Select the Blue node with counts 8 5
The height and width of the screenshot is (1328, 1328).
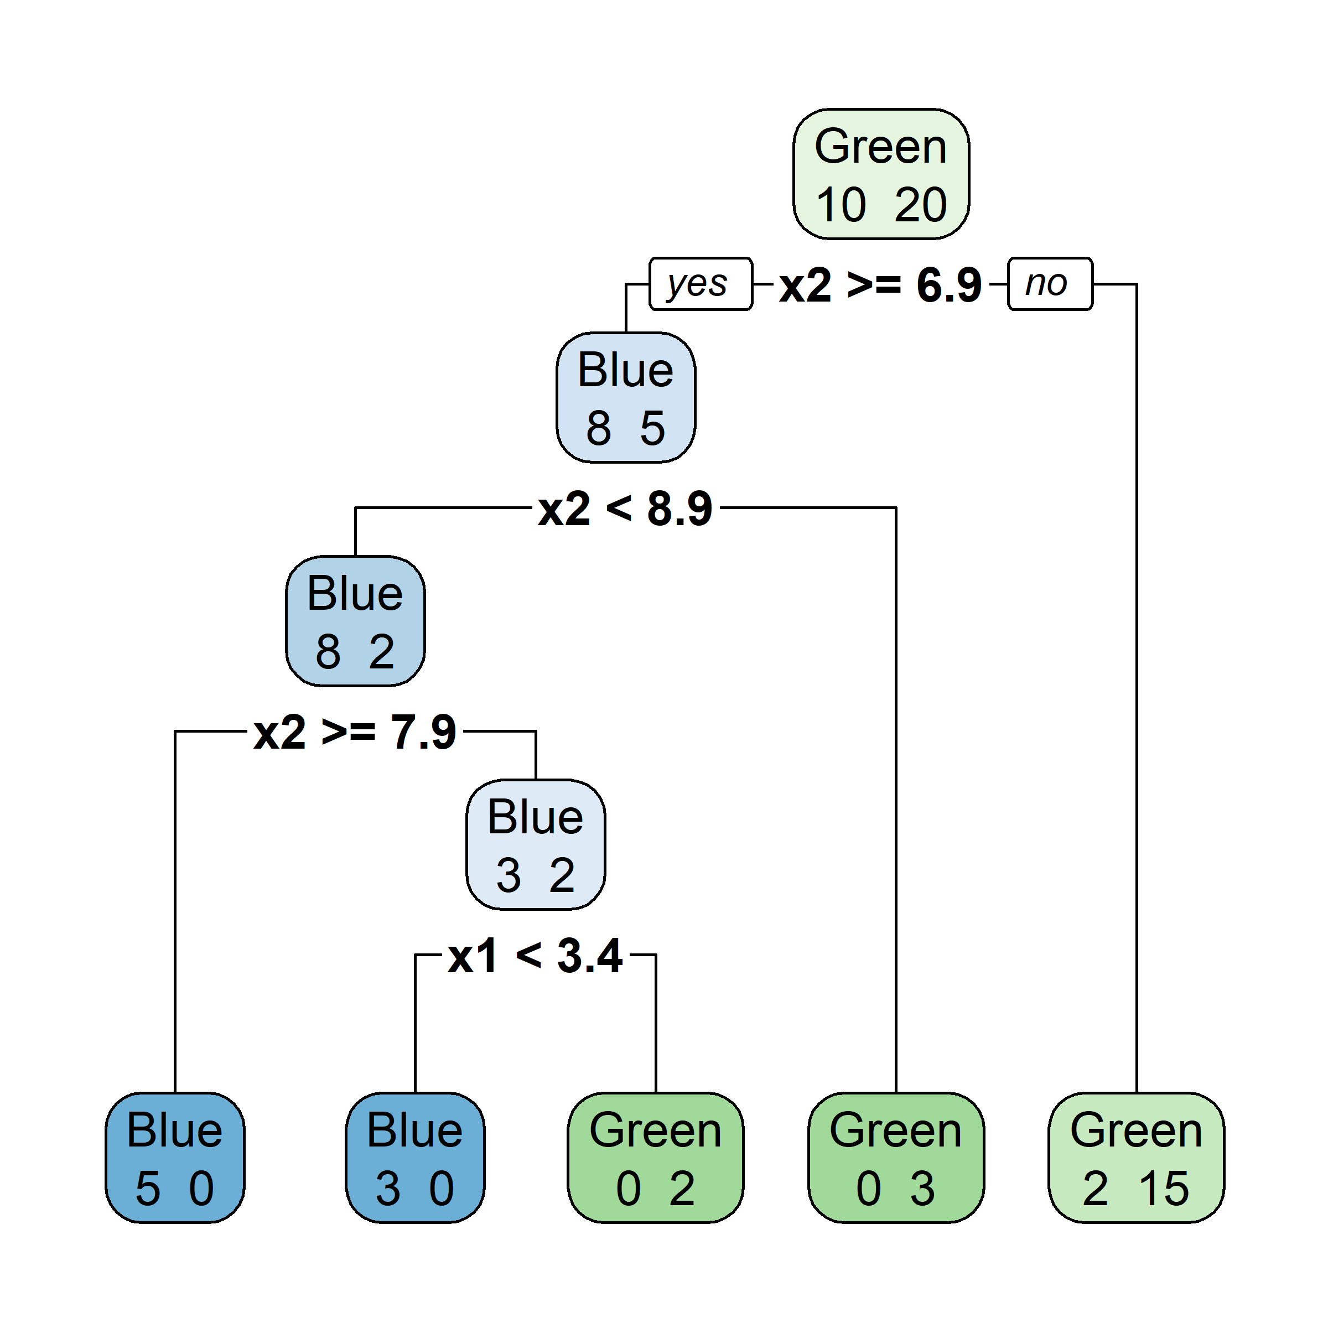[625, 397]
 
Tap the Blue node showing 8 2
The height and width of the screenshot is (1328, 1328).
[355, 621]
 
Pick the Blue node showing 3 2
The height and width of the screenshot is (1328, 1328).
[536, 844]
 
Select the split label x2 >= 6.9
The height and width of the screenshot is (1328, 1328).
[880, 284]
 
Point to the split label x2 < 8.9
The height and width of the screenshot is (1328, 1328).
[625, 509]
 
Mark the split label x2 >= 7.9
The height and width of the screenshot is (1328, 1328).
[355, 732]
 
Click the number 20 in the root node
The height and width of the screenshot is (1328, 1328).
[920, 205]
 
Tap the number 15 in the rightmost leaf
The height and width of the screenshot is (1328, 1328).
[1163, 1188]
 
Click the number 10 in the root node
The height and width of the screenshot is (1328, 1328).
[841, 205]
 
